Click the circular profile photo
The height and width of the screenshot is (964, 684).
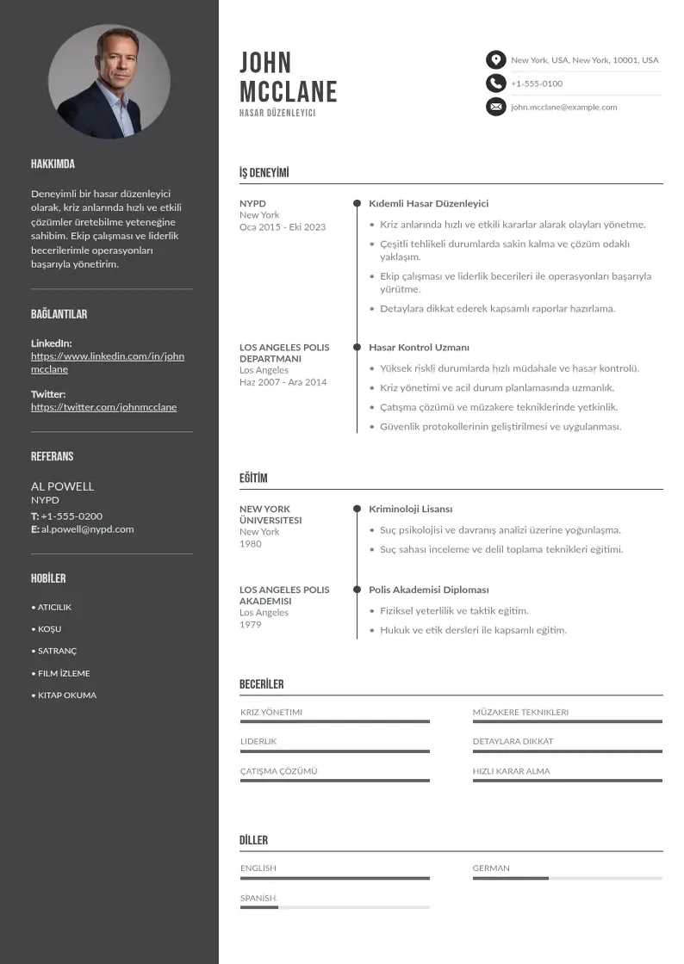109,82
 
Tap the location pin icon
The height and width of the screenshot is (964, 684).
495,60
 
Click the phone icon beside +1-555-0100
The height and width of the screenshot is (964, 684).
495,83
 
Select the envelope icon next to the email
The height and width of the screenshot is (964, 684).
495,107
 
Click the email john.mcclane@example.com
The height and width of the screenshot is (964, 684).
563,108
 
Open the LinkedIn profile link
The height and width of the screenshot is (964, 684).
108,362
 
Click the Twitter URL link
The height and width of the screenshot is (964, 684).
103,407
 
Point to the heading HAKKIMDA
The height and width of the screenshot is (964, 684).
53,164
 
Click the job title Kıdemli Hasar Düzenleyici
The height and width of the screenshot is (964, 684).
428,204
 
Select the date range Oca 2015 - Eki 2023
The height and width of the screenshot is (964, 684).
283,227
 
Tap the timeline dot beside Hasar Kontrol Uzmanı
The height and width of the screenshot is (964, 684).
357,348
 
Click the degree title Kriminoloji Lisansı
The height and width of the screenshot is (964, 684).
410,510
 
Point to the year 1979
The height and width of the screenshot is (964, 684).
250,625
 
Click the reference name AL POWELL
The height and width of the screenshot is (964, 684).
62,486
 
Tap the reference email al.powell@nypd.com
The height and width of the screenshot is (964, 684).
87,529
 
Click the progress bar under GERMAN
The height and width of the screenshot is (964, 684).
567,878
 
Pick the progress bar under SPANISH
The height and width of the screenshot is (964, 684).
334,907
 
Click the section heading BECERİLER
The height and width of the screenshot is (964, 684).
261,684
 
